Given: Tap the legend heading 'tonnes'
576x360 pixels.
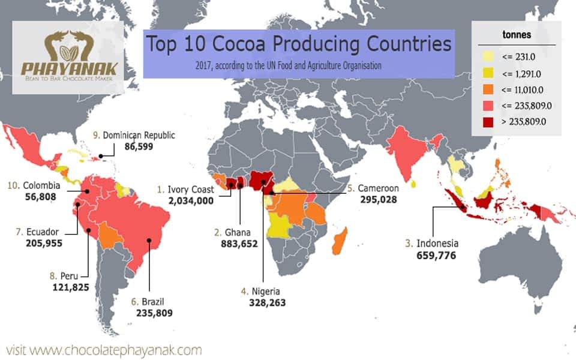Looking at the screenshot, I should tap(515, 35).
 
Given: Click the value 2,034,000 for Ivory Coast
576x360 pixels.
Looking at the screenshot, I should tap(191, 201).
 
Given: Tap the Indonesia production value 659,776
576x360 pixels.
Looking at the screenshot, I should tap(436, 256).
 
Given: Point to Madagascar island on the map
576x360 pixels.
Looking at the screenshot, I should tap(340, 241).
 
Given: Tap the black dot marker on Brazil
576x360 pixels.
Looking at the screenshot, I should tap(150, 243).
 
